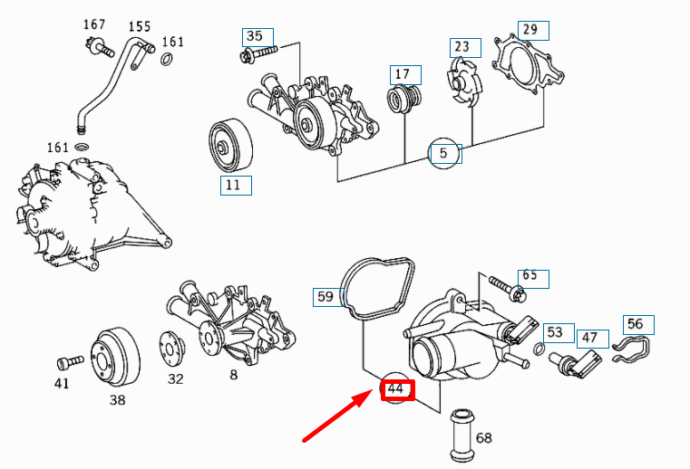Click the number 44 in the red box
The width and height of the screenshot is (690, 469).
(395, 389)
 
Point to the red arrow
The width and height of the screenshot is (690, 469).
(335, 417)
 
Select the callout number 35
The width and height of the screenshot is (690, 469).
(255, 37)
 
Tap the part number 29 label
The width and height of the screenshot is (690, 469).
(530, 30)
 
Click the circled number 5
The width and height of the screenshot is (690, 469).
(443, 153)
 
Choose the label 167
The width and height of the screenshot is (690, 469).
(95, 24)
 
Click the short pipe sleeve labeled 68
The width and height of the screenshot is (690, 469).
(462, 434)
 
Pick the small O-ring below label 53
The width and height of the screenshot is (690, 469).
(539, 351)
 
